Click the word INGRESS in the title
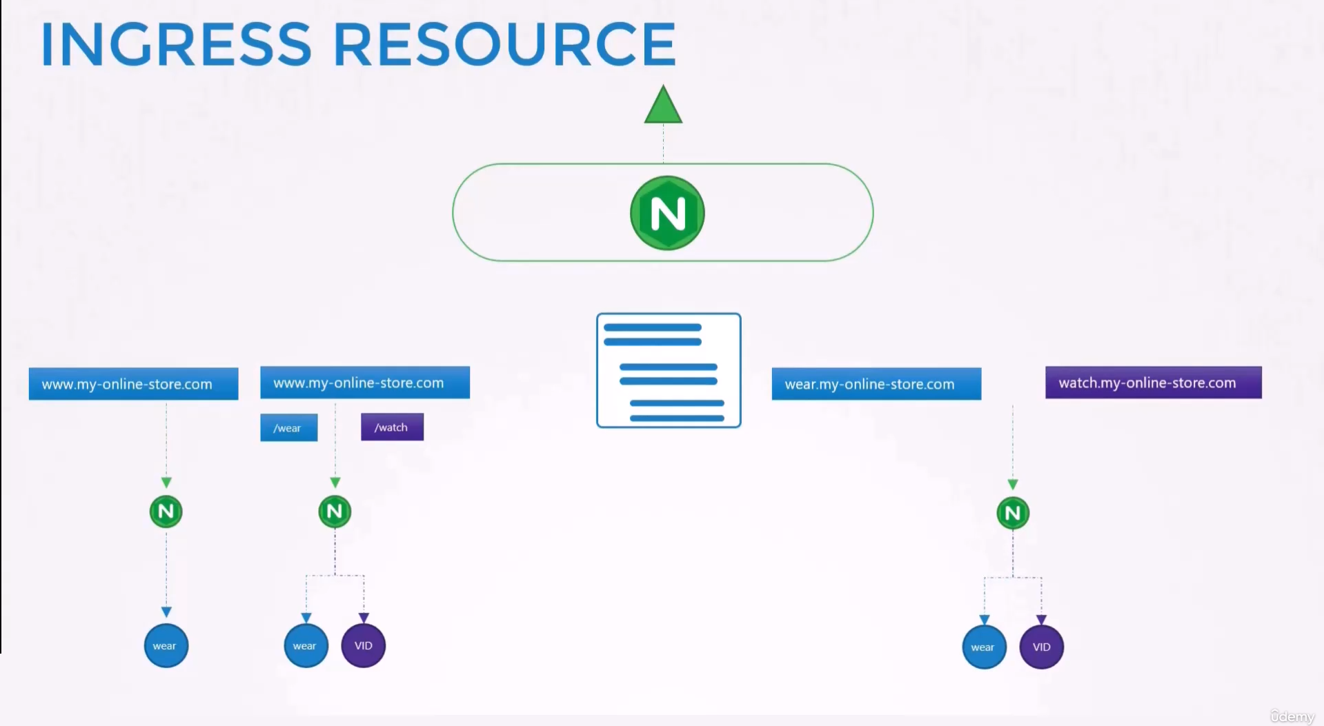click(177, 44)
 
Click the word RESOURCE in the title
click(504, 44)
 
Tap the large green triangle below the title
click(663, 105)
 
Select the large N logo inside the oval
click(667, 213)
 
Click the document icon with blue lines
click(669, 370)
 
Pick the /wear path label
click(288, 427)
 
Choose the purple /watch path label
click(392, 427)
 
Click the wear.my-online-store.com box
click(876, 384)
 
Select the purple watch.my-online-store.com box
click(1154, 383)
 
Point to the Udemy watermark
click(1292, 717)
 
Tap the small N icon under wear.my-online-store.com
click(1013, 513)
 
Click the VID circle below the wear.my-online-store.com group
click(1041, 647)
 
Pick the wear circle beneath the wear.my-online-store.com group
click(984, 647)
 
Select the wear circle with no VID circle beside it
click(166, 645)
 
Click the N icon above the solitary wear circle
click(166, 512)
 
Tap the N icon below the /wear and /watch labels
click(335, 512)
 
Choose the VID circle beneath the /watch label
click(363, 645)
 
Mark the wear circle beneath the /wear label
click(306, 645)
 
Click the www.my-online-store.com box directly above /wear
click(365, 383)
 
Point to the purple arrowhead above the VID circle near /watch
click(364, 618)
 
